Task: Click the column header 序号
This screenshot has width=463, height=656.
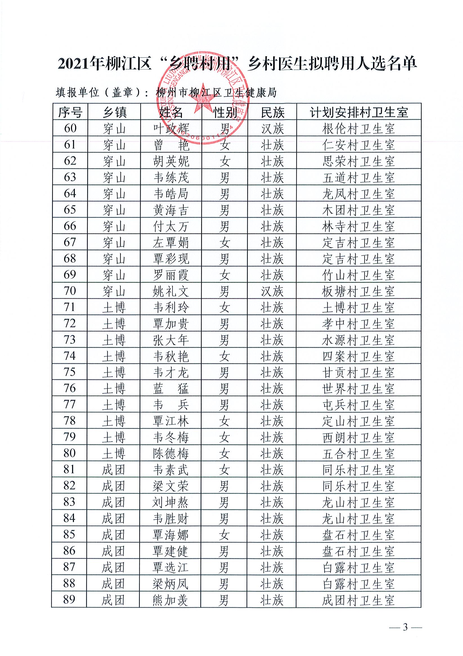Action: (70, 112)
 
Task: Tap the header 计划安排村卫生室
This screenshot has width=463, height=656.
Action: (359, 112)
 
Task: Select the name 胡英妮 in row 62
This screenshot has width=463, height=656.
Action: (171, 162)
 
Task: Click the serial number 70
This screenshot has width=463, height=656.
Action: (70, 291)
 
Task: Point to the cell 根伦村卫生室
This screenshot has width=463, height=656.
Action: (358, 129)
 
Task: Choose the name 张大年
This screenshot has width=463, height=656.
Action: (171, 340)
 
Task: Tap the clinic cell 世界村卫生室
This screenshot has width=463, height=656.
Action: (358, 389)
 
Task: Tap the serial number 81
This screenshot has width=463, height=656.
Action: (69, 470)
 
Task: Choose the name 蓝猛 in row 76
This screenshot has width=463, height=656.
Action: (171, 389)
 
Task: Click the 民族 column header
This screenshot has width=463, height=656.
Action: (273, 112)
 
